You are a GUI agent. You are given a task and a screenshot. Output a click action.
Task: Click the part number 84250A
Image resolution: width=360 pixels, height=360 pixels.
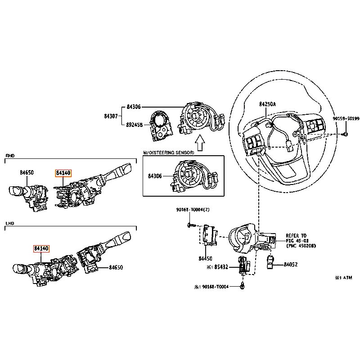[267, 104]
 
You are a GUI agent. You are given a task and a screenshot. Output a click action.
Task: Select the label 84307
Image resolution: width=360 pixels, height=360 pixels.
[111, 116]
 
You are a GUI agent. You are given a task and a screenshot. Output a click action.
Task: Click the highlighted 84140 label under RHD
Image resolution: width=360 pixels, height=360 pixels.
[63, 172]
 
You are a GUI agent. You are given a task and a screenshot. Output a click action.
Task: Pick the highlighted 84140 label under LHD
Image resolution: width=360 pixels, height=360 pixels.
[41, 248]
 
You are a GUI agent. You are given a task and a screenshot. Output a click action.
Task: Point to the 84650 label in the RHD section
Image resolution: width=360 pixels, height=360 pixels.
[27, 172]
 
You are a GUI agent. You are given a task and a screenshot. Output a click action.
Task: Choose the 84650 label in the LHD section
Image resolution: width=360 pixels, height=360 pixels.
[116, 268]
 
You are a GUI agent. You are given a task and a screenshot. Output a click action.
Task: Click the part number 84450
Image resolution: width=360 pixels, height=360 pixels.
[206, 259]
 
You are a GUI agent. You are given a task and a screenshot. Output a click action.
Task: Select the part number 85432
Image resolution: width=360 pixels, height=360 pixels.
[222, 267]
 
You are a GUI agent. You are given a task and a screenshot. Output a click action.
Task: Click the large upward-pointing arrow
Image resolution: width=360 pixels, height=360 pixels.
[200, 143]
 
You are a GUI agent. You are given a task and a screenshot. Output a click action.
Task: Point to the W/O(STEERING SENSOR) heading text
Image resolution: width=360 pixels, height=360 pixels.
[168, 153]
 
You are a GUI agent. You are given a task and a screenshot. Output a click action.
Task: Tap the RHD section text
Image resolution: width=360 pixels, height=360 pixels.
[10, 156]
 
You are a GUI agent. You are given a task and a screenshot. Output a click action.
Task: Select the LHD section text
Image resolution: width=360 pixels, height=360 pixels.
[10, 224]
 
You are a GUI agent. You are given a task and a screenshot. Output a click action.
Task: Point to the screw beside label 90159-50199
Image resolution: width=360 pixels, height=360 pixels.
[345, 134]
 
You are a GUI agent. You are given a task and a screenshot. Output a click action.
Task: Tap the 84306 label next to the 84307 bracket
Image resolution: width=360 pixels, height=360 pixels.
[134, 107]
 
